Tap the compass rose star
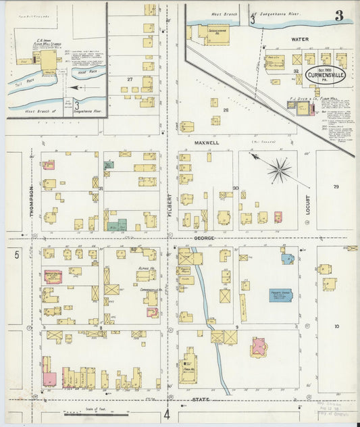pos(279,169)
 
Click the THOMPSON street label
pos(31,201)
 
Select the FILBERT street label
pos(170,207)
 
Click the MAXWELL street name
pos(207,143)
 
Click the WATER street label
pos(299,39)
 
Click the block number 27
pos(129,79)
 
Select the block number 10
pos(336,326)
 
